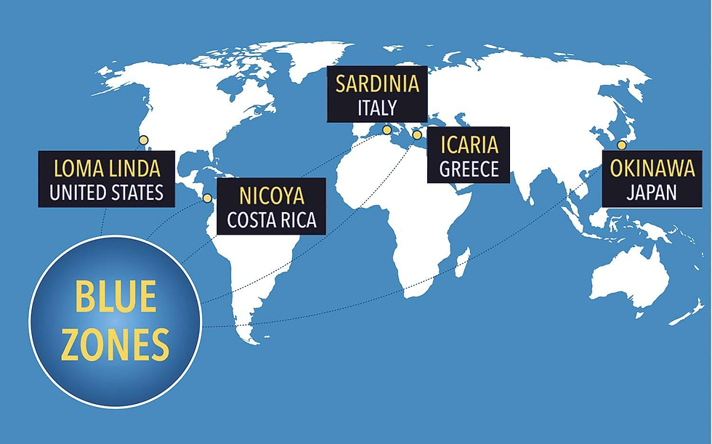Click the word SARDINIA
click(377, 84)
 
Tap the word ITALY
click(377, 108)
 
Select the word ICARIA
click(469, 145)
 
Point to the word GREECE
click(469, 169)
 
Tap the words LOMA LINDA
click(106, 169)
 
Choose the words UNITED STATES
click(106, 193)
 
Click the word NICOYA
click(271, 196)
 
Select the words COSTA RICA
click(271, 220)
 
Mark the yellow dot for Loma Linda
click(143, 140)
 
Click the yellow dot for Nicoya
click(207, 198)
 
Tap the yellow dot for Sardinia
click(387, 130)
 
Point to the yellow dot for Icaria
click(416, 134)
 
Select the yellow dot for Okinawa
click(621, 145)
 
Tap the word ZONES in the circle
click(115, 344)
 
